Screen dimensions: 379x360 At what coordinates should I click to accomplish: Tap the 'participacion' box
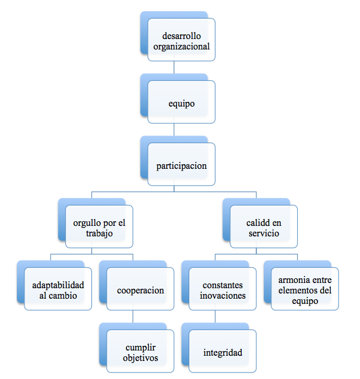pos(181,165)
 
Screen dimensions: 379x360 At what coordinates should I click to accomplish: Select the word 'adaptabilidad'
pos(58,285)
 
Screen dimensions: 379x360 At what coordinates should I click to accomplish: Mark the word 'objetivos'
pos(140,357)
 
